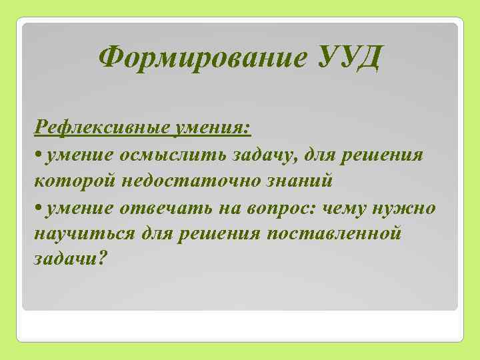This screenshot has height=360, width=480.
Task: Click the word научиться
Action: [x=83, y=234]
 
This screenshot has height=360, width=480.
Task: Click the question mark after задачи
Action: [x=101, y=259]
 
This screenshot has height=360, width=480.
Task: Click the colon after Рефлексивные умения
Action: [x=248, y=129]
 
